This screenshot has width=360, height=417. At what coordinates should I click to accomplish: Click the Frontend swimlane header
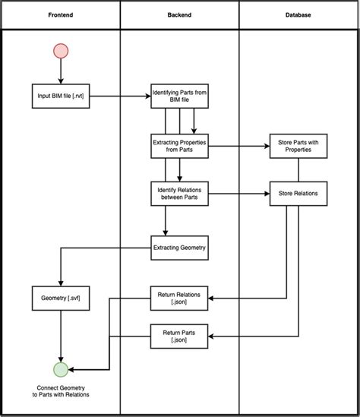(60, 15)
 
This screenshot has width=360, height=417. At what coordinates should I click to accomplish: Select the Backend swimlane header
(179, 15)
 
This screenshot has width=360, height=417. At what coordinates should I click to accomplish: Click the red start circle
(60, 52)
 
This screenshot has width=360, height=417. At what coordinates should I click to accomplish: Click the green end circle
(60, 370)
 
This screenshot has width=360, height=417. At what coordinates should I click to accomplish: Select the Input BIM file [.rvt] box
(60, 96)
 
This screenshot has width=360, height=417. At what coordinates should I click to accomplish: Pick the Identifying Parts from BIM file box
(179, 96)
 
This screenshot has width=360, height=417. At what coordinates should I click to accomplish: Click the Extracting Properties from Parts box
(179, 146)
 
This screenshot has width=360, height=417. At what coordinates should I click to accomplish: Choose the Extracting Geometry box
(179, 247)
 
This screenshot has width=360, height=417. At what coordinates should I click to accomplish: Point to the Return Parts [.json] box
(179, 336)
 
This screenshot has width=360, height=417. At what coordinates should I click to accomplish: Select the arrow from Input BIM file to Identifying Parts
(119, 96)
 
